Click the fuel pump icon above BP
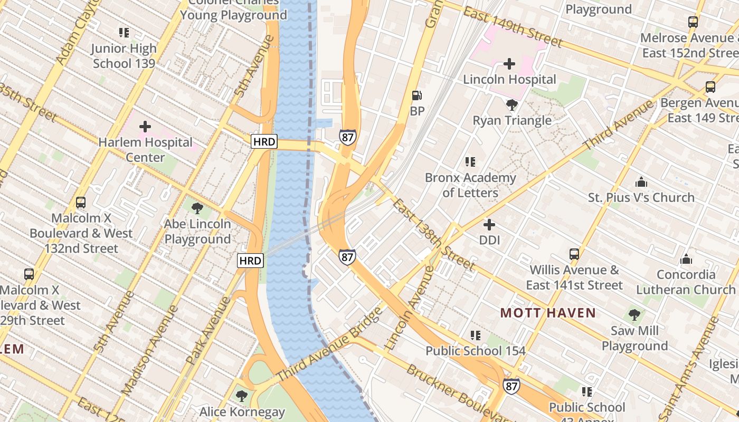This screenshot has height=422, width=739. click(x=416, y=95)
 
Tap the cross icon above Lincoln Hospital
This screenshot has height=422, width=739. click(x=509, y=64)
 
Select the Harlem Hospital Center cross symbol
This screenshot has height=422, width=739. click(x=145, y=127)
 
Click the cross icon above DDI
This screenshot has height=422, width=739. click(x=489, y=225)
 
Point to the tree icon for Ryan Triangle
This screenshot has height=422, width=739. click(x=511, y=105)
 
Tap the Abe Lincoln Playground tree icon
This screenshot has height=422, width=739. click(x=197, y=208)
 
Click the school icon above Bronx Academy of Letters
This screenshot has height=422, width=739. click(x=470, y=162)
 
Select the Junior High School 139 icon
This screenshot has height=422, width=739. click(x=124, y=33)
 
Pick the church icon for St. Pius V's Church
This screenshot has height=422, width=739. click(x=641, y=182)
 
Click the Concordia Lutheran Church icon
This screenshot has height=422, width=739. click(x=686, y=259)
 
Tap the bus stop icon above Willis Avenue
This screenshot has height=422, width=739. click(x=574, y=254)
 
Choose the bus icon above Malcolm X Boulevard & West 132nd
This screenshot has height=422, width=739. click(x=81, y=203)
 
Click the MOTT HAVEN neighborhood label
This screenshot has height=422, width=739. click(x=548, y=313)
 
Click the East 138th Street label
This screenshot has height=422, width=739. click(x=434, y=235)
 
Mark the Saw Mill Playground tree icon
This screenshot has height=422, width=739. click(x=634, y=315)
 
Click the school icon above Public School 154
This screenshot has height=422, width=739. click(x=476, y=335)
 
